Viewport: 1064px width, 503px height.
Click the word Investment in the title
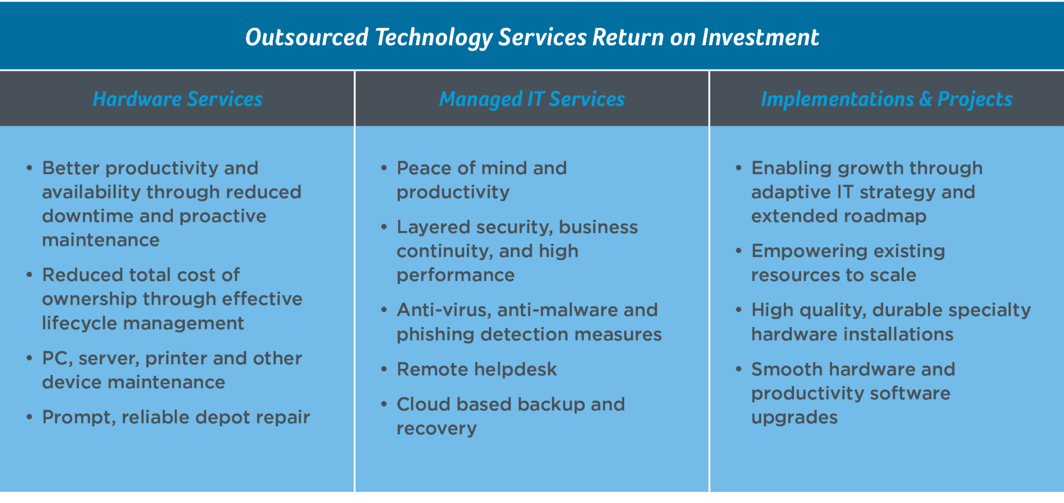[x=760, y=37]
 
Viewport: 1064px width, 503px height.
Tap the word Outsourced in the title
[x=307, y=37]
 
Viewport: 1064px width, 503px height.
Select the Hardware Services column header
[x=177, y=99]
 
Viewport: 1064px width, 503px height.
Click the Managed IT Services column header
[x=532, y=99]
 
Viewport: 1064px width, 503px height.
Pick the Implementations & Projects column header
[x=887, y=99]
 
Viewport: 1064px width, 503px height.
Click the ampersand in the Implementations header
[x=925, y=99]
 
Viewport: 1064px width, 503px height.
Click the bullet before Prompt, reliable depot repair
[x=29, y=417]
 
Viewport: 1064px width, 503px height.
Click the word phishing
[x=435, y=335]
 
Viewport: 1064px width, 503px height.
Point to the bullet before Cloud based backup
[x=384, y=404]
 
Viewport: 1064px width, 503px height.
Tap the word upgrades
[x=795, y=418]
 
